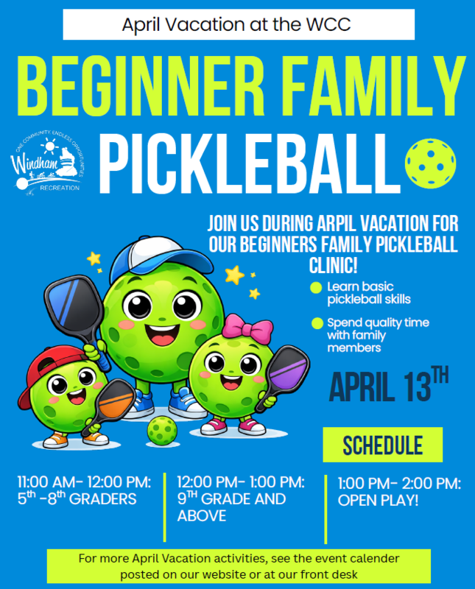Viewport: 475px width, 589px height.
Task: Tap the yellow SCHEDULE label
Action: coord(383,445)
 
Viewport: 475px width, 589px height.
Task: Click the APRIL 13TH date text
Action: coord(387,387)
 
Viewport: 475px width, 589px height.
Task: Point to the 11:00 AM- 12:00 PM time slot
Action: coord(85,483)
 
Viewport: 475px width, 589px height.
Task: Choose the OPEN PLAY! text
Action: coord(378,501)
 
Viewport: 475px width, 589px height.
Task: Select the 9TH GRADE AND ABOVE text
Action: coord(231,507)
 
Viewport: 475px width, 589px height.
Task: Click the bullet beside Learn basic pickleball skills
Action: coord(316,288)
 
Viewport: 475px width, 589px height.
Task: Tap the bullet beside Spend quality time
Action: coord(317,322)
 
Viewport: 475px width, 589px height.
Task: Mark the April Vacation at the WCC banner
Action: coord(237,24)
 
